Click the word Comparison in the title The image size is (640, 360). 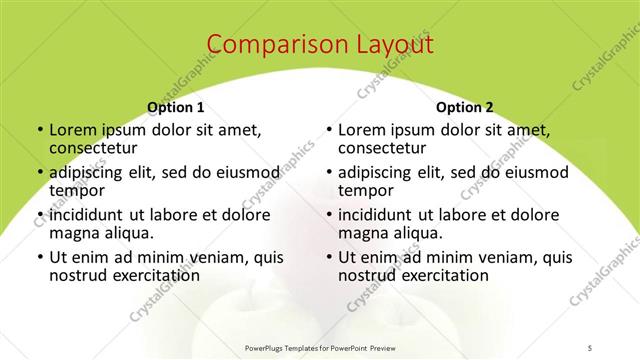coord(272,45)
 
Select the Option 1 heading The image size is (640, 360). coord(176,107)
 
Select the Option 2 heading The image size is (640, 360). coord(464,107)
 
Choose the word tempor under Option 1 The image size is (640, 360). coord(76,190)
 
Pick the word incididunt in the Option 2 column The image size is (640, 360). coord(379,215)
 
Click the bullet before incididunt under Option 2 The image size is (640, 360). coord(328,216)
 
